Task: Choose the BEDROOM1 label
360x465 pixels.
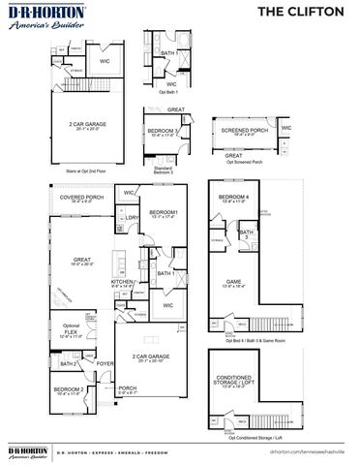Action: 161,214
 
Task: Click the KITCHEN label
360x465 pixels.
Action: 123,282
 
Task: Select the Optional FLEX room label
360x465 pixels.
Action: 69,328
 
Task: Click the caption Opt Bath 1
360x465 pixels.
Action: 174,93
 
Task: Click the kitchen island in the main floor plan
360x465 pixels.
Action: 117,262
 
